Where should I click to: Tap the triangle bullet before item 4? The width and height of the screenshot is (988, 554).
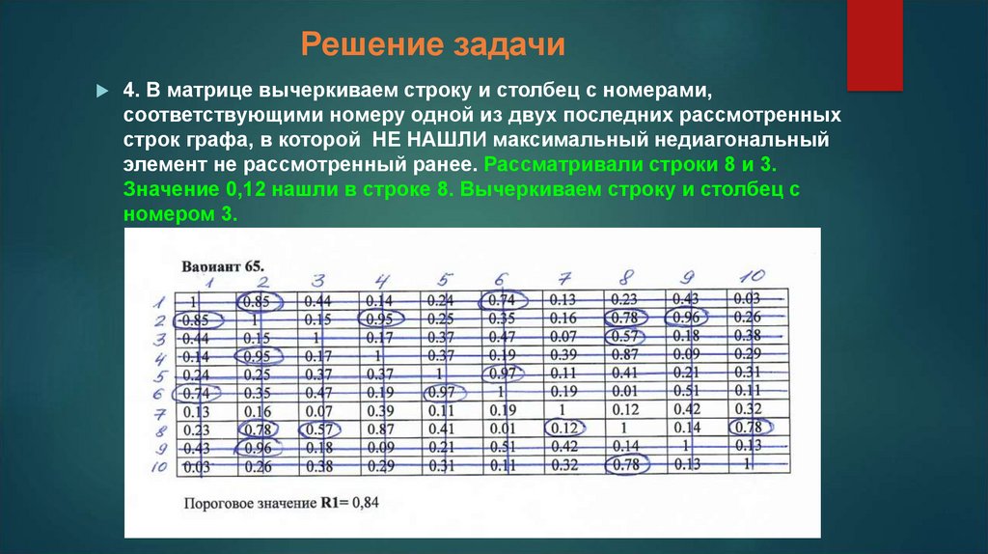[102, 91]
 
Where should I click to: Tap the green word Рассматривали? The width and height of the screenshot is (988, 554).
[561, 163]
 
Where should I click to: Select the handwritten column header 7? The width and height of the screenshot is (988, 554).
[566, 278]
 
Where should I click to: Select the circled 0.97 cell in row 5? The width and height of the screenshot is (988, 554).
[503, 373]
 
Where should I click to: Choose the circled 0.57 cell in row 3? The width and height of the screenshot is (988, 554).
[626, 336]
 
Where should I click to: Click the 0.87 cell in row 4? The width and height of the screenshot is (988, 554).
[626, 354]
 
